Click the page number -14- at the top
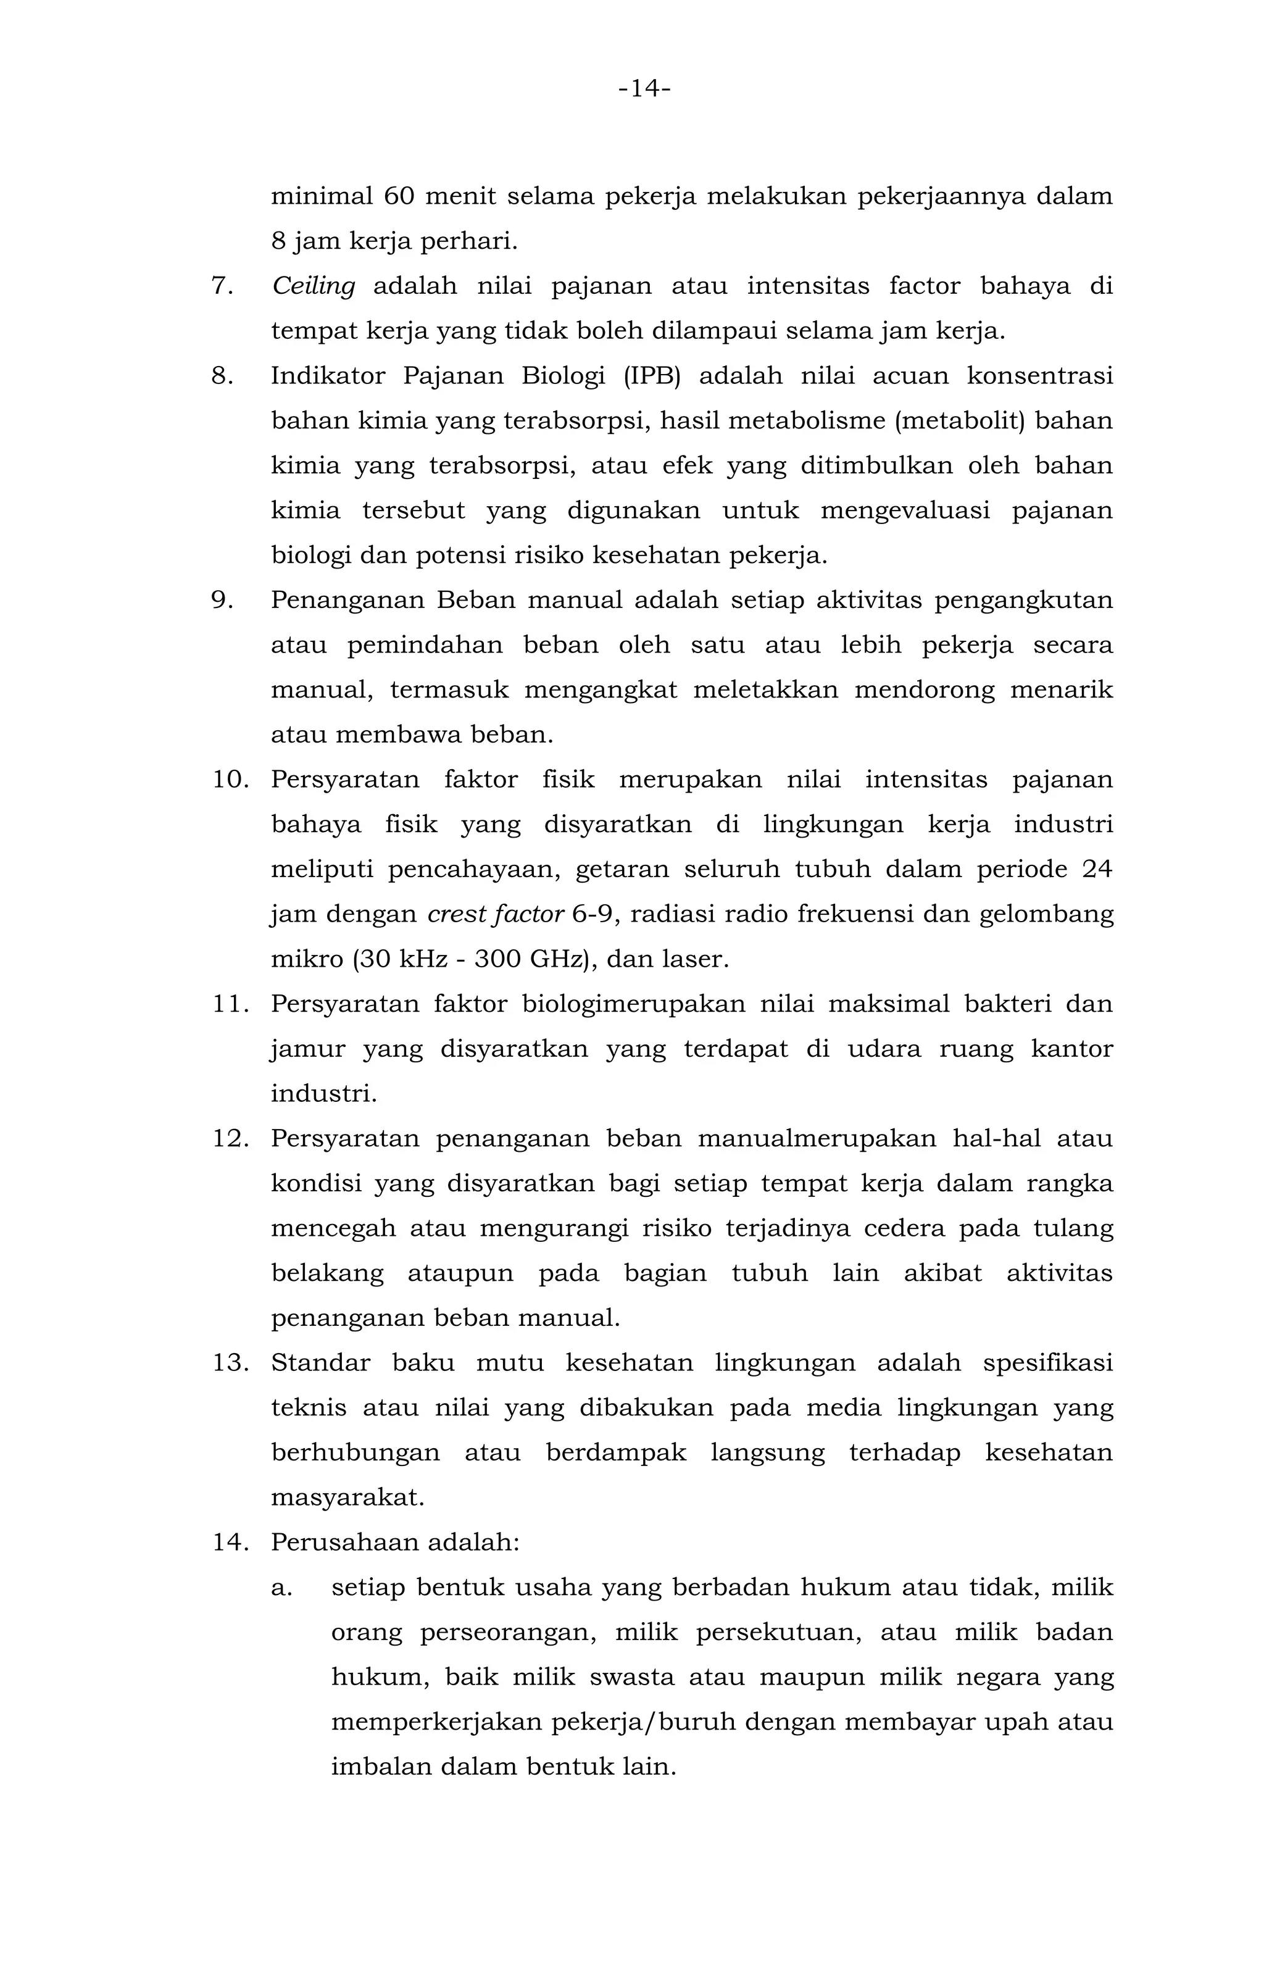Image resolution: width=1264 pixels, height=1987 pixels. (x=644, y=88)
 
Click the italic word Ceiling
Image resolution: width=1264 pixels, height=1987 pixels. (x=314, y=286)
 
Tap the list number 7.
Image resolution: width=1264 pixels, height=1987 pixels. (x=223, y=286)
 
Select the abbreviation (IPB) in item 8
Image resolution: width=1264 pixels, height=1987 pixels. (x=652, y=377)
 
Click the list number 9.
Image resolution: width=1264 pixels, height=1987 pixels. (x=223, y=600)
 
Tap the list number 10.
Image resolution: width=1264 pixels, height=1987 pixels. (x=231, y=780)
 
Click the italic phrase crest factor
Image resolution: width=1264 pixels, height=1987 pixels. (x=495, y=914)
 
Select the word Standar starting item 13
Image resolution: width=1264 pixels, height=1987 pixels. (x=320, y=1362)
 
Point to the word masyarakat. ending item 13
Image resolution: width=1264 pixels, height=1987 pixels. (x=347, y=1498)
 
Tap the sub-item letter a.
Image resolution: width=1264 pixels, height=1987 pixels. (x=281, y=1588)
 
